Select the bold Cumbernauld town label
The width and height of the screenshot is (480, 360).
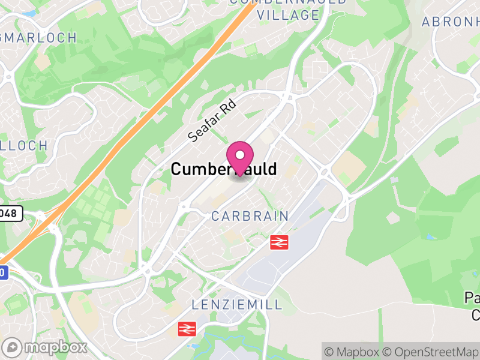click(x=224, y=169)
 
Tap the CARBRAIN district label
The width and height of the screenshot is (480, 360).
click(x=250, y=216)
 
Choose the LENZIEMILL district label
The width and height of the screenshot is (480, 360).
click(x=236, y=305)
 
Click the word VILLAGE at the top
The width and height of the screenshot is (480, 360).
click(x=288, y=16)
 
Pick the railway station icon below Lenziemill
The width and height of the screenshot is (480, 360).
click(x=187, y=328)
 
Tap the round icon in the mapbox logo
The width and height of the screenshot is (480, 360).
click(x=12, y=347)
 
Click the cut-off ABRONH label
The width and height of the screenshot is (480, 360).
click(x=450, y=22)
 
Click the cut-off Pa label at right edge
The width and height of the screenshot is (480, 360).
click(x=472, y=298)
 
